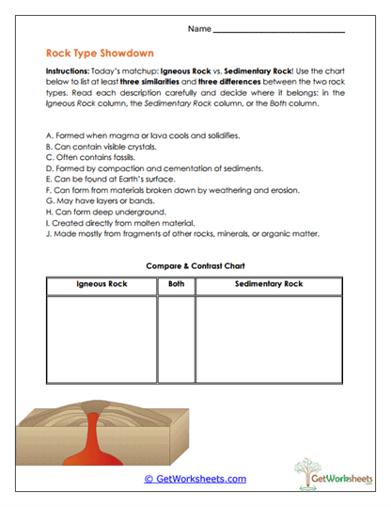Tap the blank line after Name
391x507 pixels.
point(279,30)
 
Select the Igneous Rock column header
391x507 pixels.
point(101,284)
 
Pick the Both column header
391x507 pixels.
point(176,284)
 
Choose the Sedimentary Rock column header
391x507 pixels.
point(269,284)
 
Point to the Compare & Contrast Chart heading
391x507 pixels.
point(195,266)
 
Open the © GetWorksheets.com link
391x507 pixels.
point(195,479)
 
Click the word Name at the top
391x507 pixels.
point(198,30)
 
